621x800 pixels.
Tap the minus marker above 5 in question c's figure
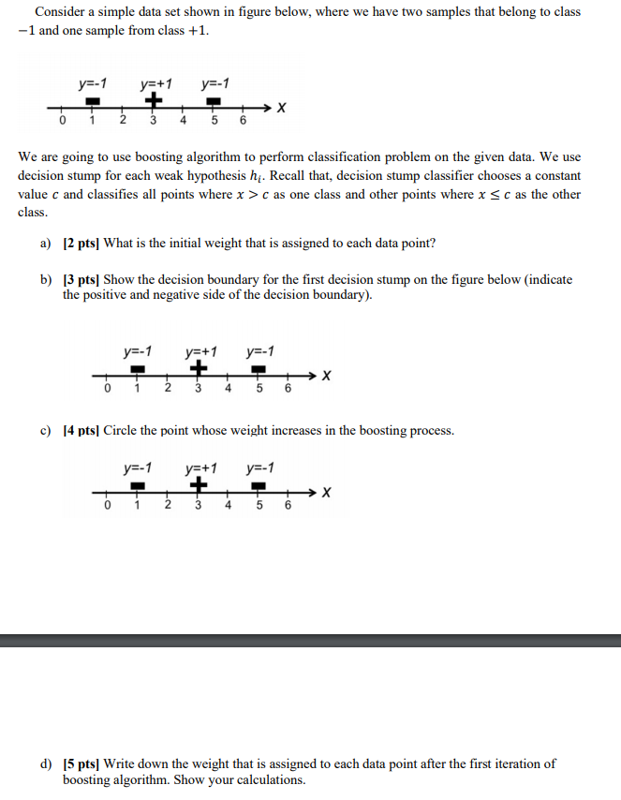pyautogui.click(x=259, y=486)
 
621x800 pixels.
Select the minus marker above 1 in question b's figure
pyautogui.click(x=137, y=370)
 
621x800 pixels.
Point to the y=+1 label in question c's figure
pyautogui.click(x=200, y=467)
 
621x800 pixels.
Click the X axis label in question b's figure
pyautogui.click(x=325, y=377)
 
